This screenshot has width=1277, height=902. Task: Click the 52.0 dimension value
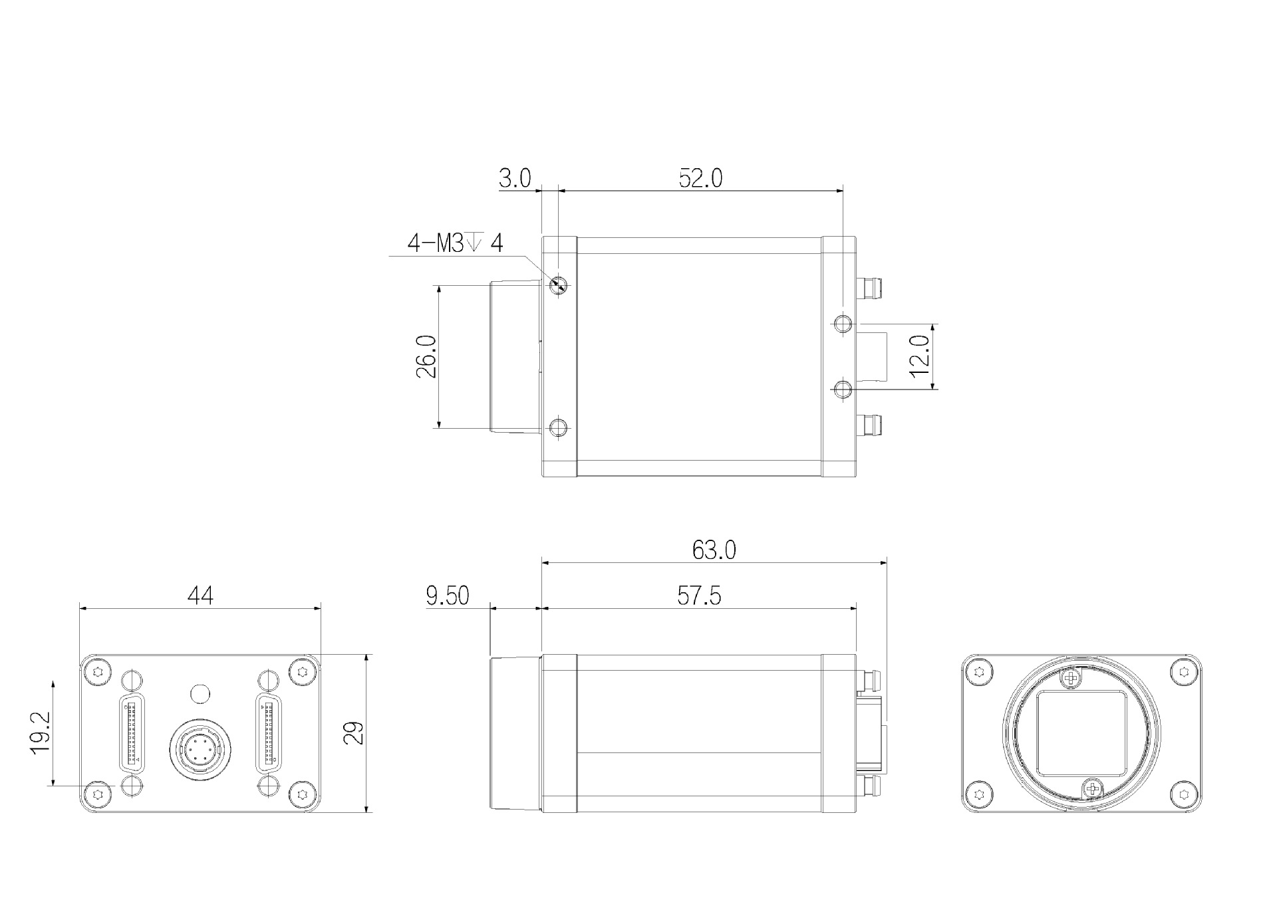click(x=700, y=178)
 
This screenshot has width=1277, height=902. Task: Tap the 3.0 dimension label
click(x=515, y=178)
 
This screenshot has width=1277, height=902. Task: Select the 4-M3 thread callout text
click(x=455, y=243)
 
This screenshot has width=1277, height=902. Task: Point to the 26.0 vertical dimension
click(x=426, y=356)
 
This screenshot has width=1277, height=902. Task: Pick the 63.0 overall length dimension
click(x=714, y=550)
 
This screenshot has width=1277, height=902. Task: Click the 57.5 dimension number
click(x=698, y=596)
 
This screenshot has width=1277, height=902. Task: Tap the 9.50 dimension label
click(x=448, y=596)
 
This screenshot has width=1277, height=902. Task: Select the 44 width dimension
click(x=200, y=596)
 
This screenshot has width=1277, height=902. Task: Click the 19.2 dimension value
click(x=40, y=733)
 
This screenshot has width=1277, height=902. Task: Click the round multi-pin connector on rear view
click(x=200, y=752)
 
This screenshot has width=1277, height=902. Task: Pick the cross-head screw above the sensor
click(x=1070, y=679)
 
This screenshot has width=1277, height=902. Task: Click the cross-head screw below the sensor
click(x=1091, y=790)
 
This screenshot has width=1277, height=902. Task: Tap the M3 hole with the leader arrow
click(x=559, y=286)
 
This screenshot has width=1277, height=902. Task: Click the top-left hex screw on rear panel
click(x=99, y=671)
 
